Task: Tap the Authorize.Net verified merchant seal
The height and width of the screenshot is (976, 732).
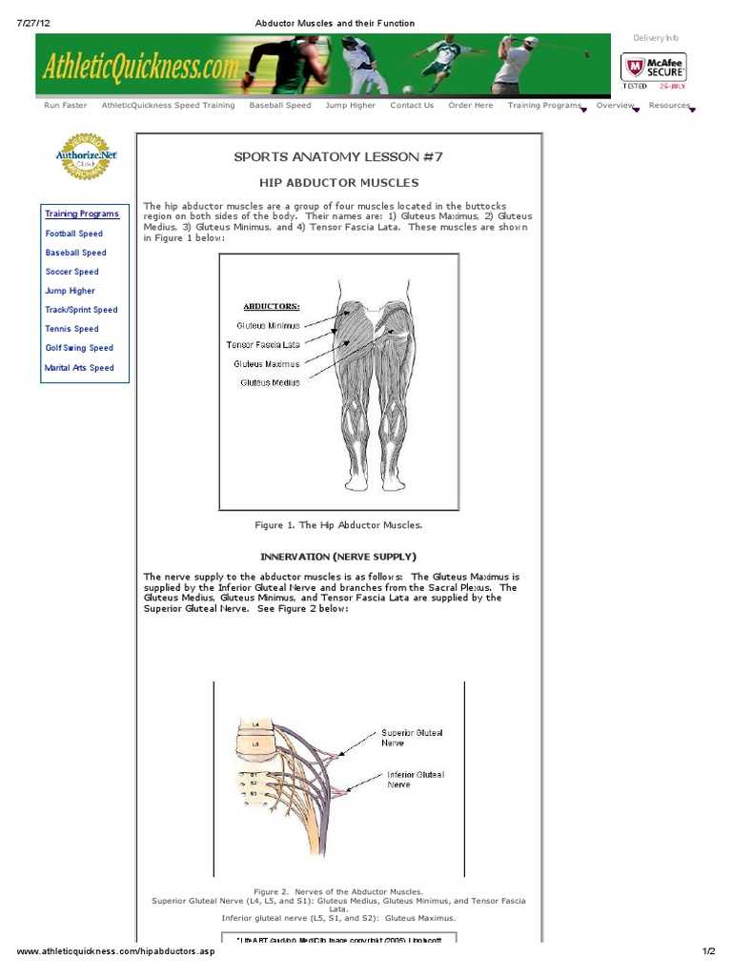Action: pyautogui.click(x=85, y=156)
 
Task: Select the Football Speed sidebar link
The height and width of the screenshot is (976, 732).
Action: pyautogui.click(x=74, y=234)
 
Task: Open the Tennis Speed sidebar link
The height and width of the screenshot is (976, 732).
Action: pyautogui.click(x=71, y=329)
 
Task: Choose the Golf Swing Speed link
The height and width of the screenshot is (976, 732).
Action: pyautogui.click(x=79, y=348)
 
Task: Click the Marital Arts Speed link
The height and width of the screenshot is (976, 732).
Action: pyautogui.click(x=79, y=368)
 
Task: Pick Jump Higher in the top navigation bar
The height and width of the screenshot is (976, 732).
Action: pyautogui.click(x=350, y=106)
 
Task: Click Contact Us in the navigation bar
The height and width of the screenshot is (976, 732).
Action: pyautogui.click(x=412, y=106)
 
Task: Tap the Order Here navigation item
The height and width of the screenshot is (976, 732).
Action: pyautogui.click(x=471, y=106)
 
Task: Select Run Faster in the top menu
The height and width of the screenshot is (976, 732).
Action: pyautogui.click(x=66, y=106)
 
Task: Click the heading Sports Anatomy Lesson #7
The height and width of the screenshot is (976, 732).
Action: pyautogui.click(x=338, y=156)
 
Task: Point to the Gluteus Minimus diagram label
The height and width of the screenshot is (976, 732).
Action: pyautogui.click(x=268, y=326)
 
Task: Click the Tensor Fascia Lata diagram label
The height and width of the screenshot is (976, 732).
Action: pyautogui.click(x=262, y=344)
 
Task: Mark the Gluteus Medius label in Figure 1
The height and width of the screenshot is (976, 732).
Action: pyautogui.click(x=270, y=382)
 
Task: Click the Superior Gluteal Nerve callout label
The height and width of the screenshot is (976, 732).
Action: pyautogui.click(x=412, y=737)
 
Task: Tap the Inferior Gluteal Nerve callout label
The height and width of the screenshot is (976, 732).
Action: pyautogui.click(x=415, y=780)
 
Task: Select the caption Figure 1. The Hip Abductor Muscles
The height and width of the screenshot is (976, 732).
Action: pyautogui.click(x=338, y=525)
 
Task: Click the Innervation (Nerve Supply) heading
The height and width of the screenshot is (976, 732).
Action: pyautogui.click(x=338, y=557)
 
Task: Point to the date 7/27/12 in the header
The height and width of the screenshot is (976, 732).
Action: pyautogui.click(x=32, y=23)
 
